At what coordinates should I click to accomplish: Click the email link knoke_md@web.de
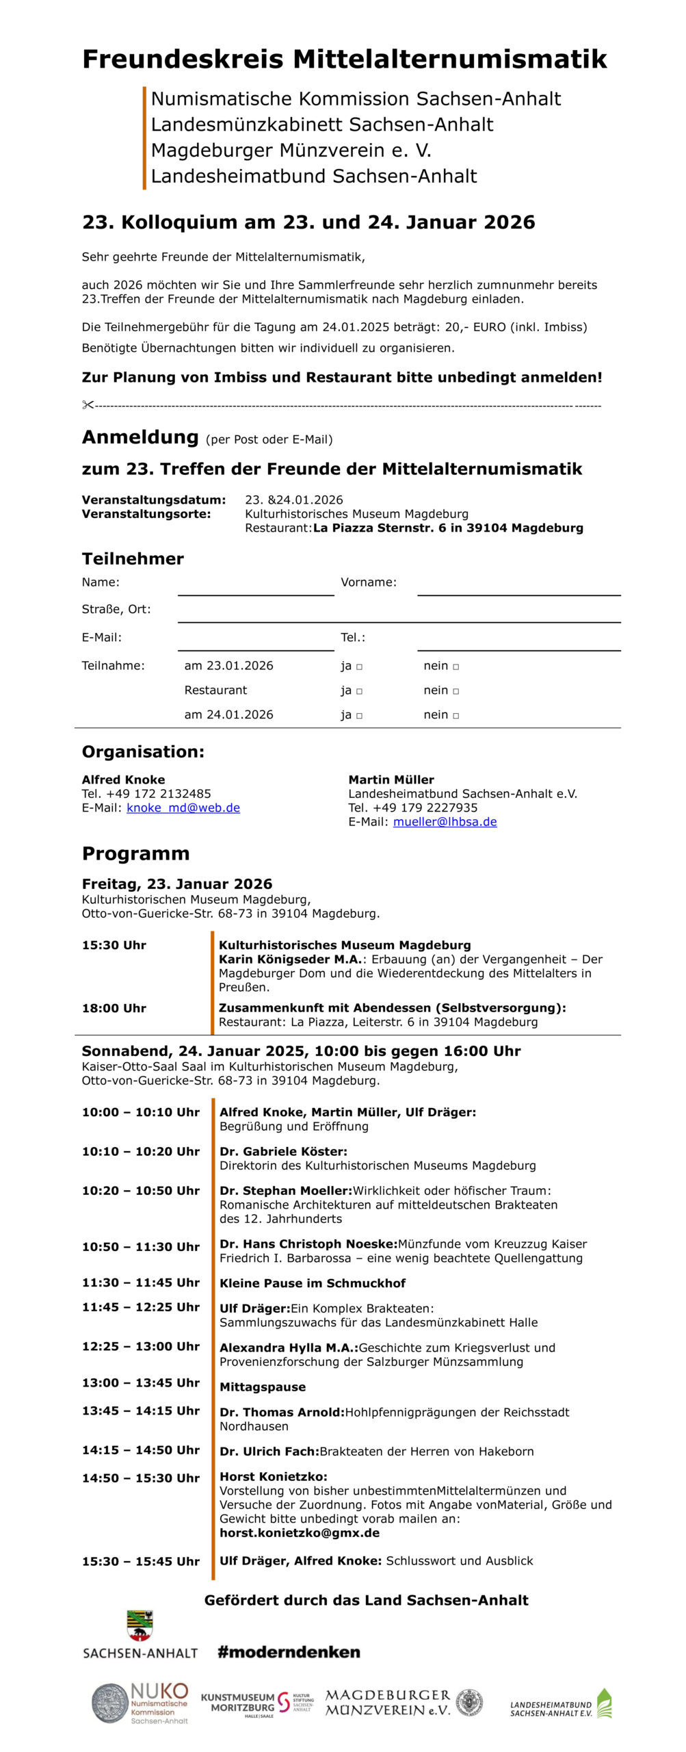click(x=183, y=808)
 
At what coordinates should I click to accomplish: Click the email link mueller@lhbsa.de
click(x=445, y=821)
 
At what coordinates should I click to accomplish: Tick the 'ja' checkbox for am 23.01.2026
click(x=360, y=667)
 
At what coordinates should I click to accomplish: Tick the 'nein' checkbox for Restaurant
click(x=456, y=691)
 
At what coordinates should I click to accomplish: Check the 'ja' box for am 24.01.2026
click(x=360, y=716)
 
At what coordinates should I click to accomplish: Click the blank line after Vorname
click(x=518, y=587)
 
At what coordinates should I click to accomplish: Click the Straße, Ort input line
click(x=399, y=614)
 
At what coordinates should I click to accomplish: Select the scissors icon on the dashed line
click(x=88, y=405)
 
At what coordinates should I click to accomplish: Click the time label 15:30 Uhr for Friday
click(x=114, y=945)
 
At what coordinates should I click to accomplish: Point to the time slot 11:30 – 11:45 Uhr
click(x=141, y=1282)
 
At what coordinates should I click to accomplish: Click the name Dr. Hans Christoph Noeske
click(x=308, y=1244)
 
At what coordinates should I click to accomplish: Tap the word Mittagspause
click(x=263, y=1387)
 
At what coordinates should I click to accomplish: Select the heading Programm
click(x=135, y=853)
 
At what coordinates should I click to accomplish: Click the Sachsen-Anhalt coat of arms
click(x=140, y=1625)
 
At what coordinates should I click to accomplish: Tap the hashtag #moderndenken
click(x=289, y=1652)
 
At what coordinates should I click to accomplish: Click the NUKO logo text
click(x=159, y=1691)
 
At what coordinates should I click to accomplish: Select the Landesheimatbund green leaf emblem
click(x=604, y=1703)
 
